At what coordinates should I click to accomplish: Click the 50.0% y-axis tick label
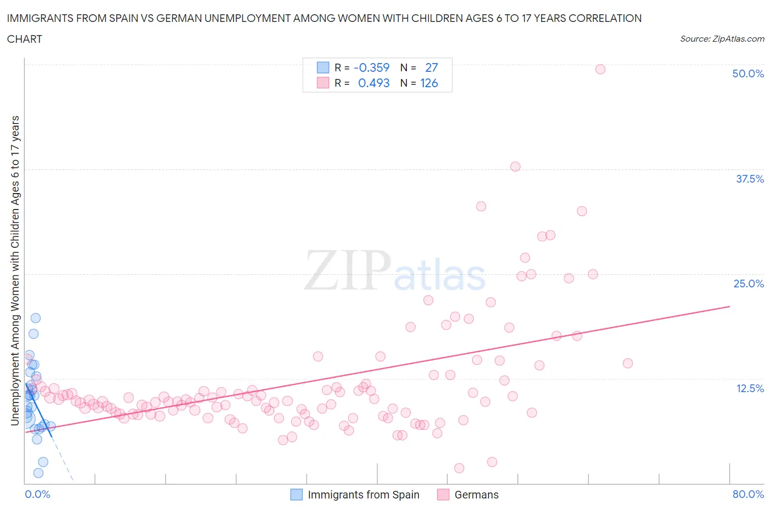747,73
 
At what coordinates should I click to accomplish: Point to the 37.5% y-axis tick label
749,179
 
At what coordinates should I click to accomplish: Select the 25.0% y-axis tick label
748,284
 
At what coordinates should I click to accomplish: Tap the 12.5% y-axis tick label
749,388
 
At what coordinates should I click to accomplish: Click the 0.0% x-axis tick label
37,494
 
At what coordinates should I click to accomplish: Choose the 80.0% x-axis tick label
747,494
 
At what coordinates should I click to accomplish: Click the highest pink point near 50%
600,69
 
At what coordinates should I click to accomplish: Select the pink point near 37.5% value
515,167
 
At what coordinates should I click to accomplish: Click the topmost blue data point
36,318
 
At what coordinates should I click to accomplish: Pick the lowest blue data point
38,473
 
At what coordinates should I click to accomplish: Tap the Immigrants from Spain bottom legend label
363,495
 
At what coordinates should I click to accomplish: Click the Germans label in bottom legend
476,495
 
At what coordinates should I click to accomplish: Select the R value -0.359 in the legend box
371,67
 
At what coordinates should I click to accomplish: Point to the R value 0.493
373,83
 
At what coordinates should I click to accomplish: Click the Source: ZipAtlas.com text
722,38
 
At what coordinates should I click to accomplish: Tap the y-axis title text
15,271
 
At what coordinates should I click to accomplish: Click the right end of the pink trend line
729,306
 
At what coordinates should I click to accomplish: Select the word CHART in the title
25,39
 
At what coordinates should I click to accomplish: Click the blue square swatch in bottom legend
296,495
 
